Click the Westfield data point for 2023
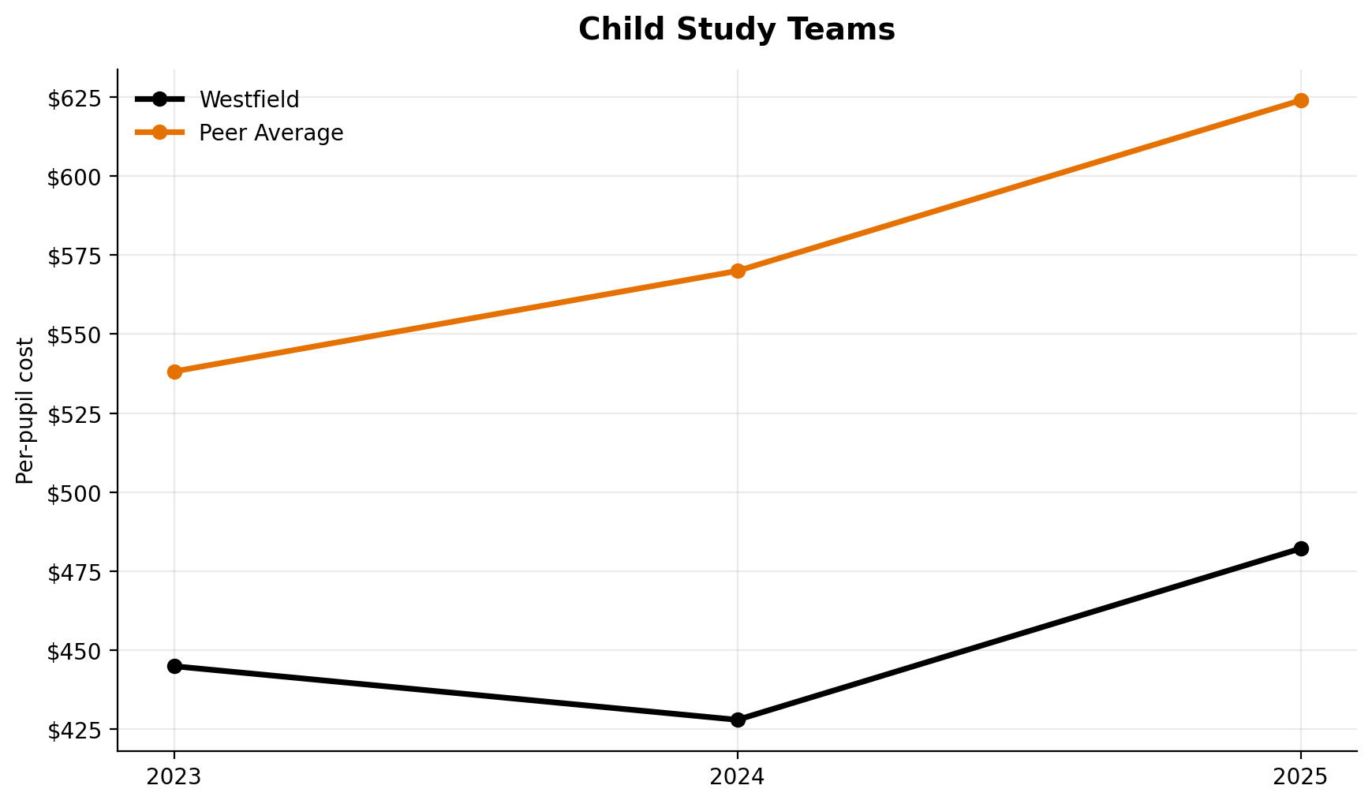[174, 666]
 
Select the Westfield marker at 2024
[738, 720]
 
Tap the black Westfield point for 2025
[1301, 548]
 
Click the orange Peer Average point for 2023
[174, 372]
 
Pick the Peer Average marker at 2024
[738, 271]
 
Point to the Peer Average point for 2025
[1301, 100]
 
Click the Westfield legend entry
[249, 99]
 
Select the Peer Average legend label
[271, 133]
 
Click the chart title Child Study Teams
[736, 30]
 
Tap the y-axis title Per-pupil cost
[25, 410]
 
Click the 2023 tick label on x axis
[174, 778]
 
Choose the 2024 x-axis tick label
[738, 778]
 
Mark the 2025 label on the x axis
[1301, 778]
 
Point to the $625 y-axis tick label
[75, 99]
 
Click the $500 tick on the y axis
[75, 493]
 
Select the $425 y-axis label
[75, 731]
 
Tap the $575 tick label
[75, 256]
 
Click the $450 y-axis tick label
[75, 652]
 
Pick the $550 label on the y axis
[75, 335]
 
